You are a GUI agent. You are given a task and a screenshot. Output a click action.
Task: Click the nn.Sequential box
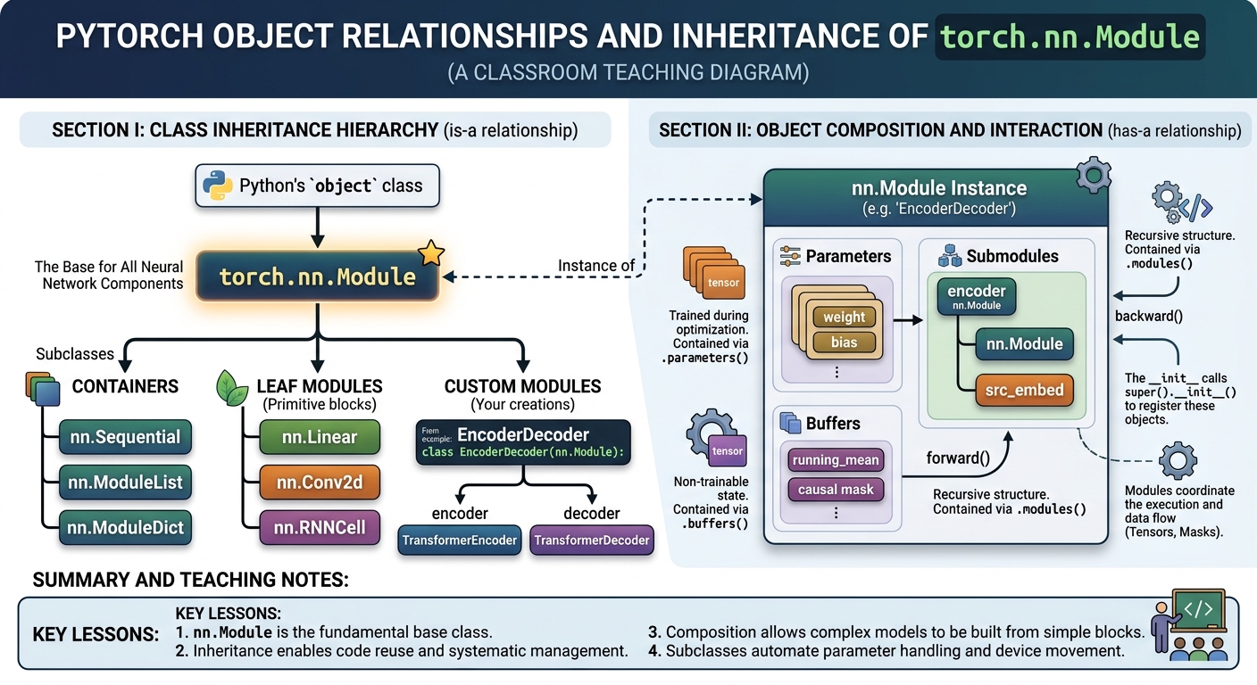pyautogui.click(x=125, y=437)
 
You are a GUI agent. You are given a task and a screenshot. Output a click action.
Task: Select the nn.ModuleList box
pyautogui.click(x=125, y=482)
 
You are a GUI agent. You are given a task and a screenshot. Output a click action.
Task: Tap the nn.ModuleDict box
pyautogui.click(x=125, y=527)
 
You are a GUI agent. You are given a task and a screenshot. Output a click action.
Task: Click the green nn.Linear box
pyautogui.click(x=320, y=437)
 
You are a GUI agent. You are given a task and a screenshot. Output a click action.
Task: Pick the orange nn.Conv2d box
pyautogui.click(x=320, y=482)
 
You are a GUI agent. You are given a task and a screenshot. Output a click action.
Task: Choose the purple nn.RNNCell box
pyautogui.click(x=320, y=527)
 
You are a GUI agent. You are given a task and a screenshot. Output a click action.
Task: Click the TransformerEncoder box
pyautogui.click(x=460, y=540)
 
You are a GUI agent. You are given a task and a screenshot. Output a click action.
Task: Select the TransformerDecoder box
pyautogui.click(x=592, y=540)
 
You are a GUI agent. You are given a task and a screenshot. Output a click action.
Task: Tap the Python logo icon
pyautogui.click(x=217, y=186)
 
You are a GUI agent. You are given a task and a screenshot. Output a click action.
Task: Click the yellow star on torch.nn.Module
pyautogui.click(x=431, y=252)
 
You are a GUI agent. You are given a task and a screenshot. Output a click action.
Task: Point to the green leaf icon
pyautogui.click(x=232, y=388)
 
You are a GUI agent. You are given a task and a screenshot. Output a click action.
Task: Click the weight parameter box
pyautogui.click(x=844, y=317)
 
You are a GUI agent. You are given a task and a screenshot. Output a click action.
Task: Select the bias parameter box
pyautogui.click(x=844, y=342)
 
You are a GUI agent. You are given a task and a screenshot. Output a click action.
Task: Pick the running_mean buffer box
pyautogui.click(x=836, y=460)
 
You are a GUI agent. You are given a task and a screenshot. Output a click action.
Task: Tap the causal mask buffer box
pyautogui.click(x=836, y=490)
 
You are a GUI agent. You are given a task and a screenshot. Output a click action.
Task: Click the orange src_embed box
pyautogui.click(x=1024, y=390)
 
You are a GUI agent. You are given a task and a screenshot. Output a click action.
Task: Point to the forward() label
pyautogui.click(x=958, y=458)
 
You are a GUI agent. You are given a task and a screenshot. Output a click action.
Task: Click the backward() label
pyautogui.click(x=1149, y=316)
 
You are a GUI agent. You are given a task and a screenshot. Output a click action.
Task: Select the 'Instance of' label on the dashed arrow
pyautogui.click(x=596, y=266)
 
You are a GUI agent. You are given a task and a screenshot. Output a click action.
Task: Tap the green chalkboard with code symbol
pyautogui.click(x=1198, y=609)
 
